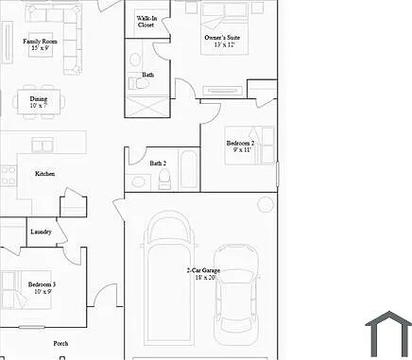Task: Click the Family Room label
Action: [x=41, y=44]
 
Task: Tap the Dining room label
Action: [x=38, y=101]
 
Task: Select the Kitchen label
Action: [x=45, y=174]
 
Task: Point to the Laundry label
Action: [x=41, y=231]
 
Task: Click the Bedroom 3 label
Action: [x=42, y=287]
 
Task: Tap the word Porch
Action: [x=60, y=344]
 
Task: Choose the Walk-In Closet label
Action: [x=146, y=22]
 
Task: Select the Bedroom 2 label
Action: [x=240, y=146]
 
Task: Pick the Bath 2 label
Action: [x=158, y=163]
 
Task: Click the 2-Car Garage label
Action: [x=200, y=274]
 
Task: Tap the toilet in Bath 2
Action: [x=164, y=182]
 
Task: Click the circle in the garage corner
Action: [x=266, y=205]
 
